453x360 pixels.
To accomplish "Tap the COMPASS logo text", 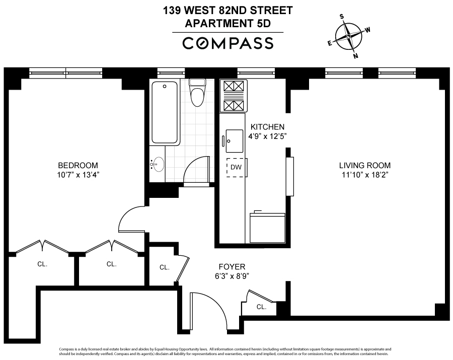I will [x=228, y=43].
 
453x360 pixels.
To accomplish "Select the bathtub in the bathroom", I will [x=165, y=112].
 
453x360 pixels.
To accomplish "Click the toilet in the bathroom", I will [x=196, y=93].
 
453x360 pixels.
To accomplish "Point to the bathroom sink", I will [x=158, y=164].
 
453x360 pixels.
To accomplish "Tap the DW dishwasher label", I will [x=235, y=167].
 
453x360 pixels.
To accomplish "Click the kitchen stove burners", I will [x=234, y=96].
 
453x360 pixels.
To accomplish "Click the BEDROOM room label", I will [x=78, y=165].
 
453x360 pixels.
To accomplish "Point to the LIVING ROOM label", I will [x=364, y=165].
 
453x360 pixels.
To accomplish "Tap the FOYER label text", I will [x=232, y=266].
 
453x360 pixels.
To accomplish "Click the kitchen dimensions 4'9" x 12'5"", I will [x=268, y=136].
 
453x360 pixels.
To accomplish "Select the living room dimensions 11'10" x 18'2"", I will [x=364, y=175].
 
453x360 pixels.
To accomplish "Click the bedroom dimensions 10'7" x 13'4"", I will [x=78, y=175].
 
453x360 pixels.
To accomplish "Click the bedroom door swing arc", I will [x=130, y=219].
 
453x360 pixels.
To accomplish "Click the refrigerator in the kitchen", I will [x=267, y=228].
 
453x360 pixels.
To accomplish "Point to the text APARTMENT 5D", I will [x=228, y=23].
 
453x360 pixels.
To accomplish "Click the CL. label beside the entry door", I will [x=261, y=307].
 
